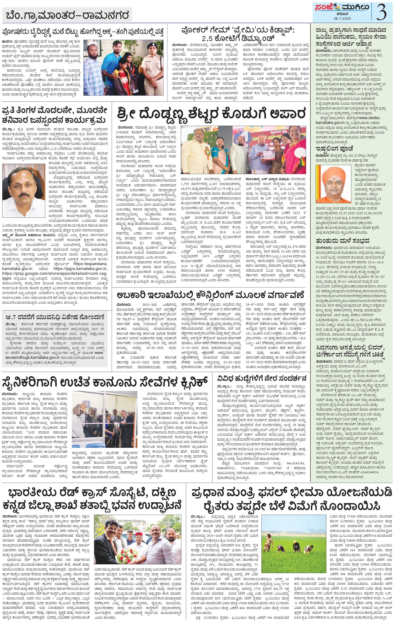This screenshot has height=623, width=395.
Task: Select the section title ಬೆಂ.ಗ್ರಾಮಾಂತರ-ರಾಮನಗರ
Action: [x=67, y=15]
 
